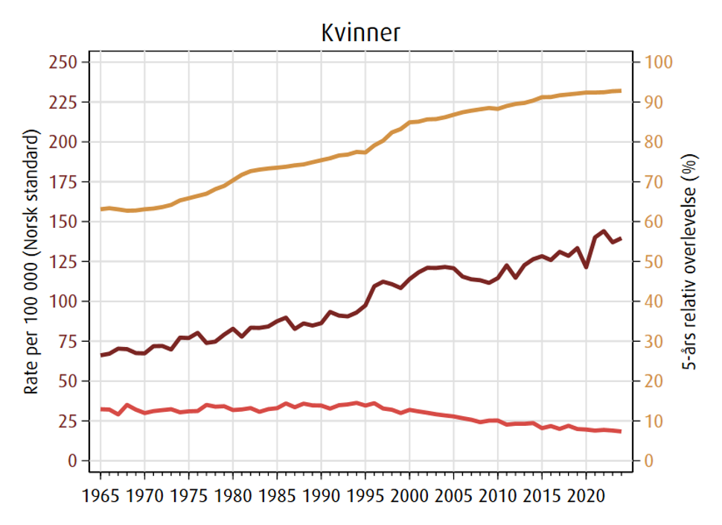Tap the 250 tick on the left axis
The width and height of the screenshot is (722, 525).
point(64,62)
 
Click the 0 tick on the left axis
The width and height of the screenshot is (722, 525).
point(74,461)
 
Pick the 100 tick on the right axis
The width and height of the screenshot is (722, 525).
point(657,62)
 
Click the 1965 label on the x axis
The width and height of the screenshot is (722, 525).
point(100,494)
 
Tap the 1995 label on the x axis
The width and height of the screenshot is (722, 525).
point(365,494)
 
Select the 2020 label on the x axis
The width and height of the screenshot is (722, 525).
point(586,494)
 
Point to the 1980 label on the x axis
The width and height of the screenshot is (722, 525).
point(233,494)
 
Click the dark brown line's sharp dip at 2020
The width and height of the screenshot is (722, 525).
point(586,267)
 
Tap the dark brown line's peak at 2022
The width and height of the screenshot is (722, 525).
point(604,231)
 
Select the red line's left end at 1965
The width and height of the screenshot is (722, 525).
point(101,409)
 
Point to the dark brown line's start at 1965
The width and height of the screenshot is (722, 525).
point(101,355)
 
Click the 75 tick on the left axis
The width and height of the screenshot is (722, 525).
point(68,341)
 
